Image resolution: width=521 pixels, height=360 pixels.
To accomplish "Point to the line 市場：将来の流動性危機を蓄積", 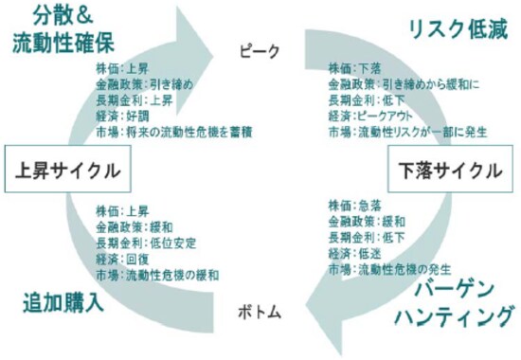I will coord(174,131).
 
